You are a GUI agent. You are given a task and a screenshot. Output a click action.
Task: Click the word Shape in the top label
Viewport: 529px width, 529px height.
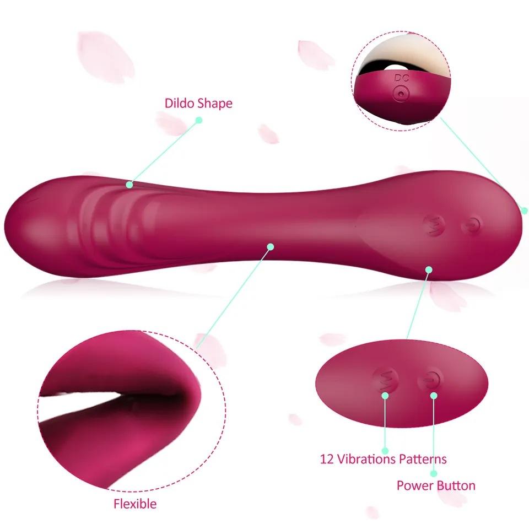[214, 104]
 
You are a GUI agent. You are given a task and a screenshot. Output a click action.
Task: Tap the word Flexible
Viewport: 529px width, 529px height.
[135, 504]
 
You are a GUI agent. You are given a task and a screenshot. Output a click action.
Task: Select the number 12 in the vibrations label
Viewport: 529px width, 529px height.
[327, 459]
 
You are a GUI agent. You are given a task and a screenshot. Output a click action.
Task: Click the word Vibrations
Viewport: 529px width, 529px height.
[367, 459]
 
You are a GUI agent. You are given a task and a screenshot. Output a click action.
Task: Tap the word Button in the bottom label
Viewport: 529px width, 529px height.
[456, 485]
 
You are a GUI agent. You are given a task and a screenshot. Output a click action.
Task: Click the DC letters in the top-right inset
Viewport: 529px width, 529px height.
[402, 78]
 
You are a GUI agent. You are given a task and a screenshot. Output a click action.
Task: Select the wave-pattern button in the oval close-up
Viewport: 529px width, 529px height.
[386, 380]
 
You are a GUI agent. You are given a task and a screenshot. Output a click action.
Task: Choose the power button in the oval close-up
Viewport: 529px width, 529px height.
[430, 380]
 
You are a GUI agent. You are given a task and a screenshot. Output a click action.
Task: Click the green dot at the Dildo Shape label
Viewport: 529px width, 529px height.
[199, 120]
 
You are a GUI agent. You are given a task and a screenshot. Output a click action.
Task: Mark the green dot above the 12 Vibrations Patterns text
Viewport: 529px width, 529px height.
[385, 395]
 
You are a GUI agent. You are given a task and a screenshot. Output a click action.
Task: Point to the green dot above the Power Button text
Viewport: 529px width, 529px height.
[434, 396]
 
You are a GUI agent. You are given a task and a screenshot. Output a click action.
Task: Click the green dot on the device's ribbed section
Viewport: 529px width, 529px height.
[130, 185]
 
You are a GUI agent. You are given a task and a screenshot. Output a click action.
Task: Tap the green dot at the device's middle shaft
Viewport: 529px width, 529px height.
[271, 246]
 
